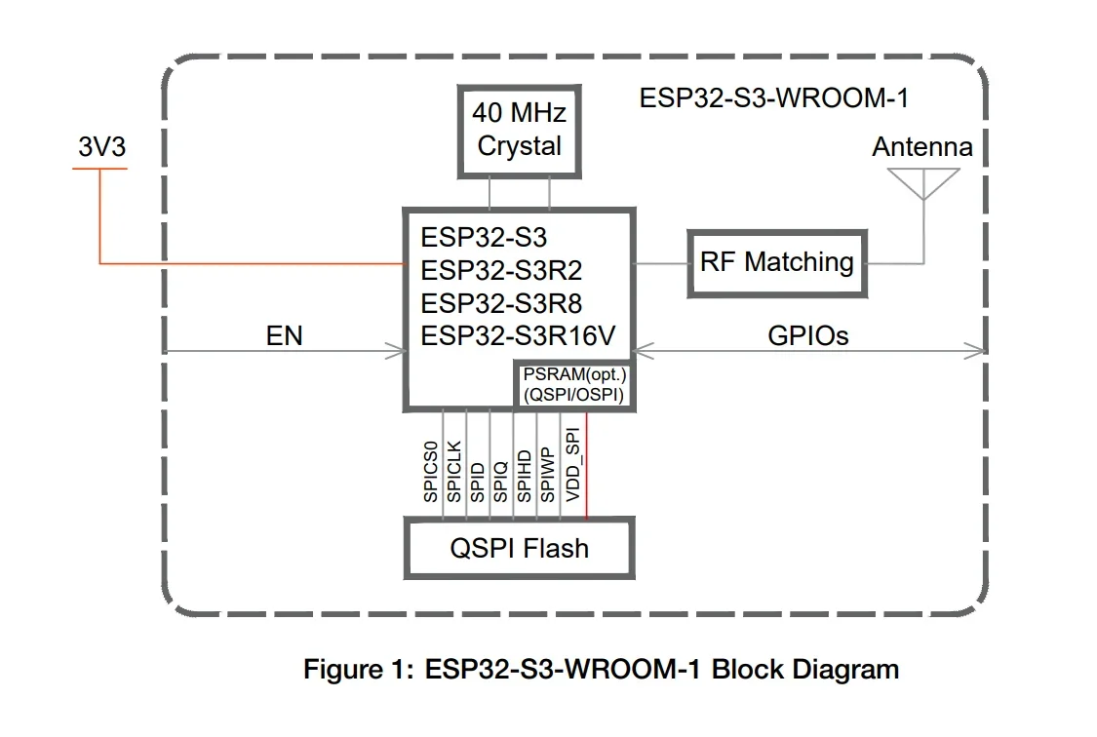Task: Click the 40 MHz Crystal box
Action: (519, 131)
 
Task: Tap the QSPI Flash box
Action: (519, 548)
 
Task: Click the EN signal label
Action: (284, 336)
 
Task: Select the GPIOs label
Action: (808, 336)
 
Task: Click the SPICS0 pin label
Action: (431, 472)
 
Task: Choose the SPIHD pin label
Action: (525, 473)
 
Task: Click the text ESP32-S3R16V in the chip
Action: (518, 336)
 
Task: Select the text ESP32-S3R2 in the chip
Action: (501, 270)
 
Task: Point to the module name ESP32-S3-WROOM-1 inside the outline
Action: (775, 98)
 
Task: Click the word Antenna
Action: (921, 147)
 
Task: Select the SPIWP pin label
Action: (548, 473)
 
